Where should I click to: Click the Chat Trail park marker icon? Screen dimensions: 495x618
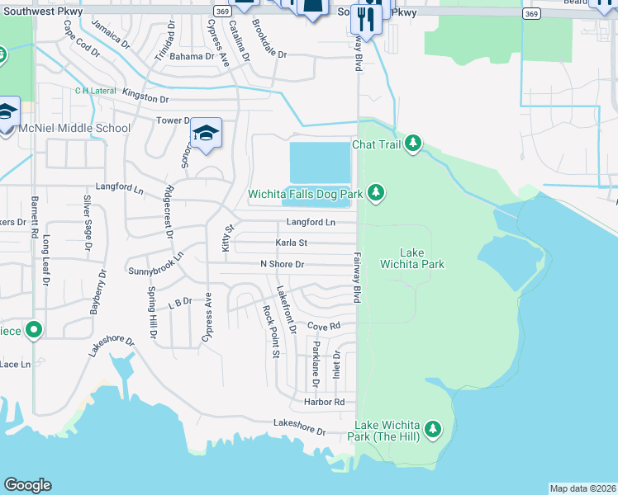tap(412, 145)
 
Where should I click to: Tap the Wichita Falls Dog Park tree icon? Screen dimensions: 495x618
tap(376, 193)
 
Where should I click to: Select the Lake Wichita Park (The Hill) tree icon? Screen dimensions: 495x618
tap(432, 429)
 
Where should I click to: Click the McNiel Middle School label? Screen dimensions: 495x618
tap(75, 128)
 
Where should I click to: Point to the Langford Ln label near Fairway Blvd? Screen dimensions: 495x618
tap(311, 223)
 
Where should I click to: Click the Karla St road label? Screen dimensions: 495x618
tap(291, 243)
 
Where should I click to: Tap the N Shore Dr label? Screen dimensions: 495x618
tap(283, 264)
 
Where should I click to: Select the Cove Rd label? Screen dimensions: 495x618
tap(324, 326)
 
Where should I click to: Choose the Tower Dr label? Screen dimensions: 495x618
tap(174, 120)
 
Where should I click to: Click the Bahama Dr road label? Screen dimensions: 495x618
tap(192, 56)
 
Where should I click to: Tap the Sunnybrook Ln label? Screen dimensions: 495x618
tap(154, 270)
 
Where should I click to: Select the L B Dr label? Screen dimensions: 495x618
tap(179, 304)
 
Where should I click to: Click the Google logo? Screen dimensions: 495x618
tap(27, 485)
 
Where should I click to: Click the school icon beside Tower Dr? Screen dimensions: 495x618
tap(206, 133)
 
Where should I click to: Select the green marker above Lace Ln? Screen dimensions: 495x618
tap(34, 331)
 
